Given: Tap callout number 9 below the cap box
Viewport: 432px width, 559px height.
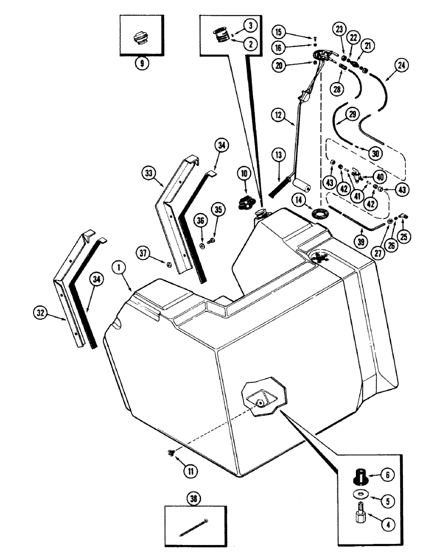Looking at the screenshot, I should [142, 64].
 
